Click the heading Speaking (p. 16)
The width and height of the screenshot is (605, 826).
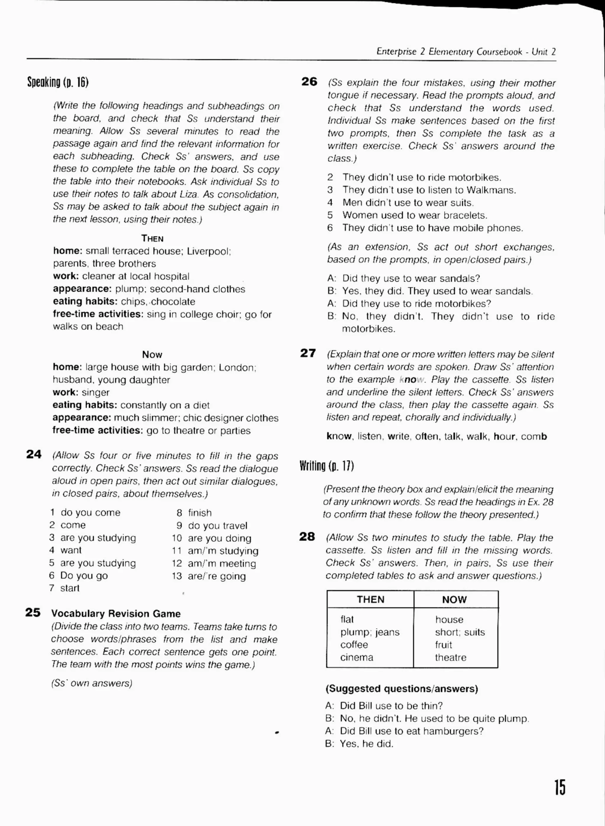coord(58,82)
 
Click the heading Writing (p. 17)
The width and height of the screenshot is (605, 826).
coord(326,466)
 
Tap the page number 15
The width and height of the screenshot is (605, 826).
coord(559,787)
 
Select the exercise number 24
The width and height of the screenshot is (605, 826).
coord(34,454)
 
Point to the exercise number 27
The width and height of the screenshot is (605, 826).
coord(308,353)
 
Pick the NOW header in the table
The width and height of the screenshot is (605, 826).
coord(454,599)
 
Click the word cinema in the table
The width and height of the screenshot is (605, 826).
coord(356,657)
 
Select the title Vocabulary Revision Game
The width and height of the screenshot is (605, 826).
coord(116,614)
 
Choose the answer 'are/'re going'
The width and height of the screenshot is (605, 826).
coord(217,576)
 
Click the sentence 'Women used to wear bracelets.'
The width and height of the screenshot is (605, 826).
coord(414,215)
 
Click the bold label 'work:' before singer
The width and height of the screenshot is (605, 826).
coord(66,392)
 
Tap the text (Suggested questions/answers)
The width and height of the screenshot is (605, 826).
coord(401,688)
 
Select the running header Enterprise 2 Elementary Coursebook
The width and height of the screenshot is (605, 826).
coord(449,52)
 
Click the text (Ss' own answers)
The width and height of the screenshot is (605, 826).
coord(92,683)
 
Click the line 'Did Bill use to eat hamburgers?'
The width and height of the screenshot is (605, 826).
coord(411,731)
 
